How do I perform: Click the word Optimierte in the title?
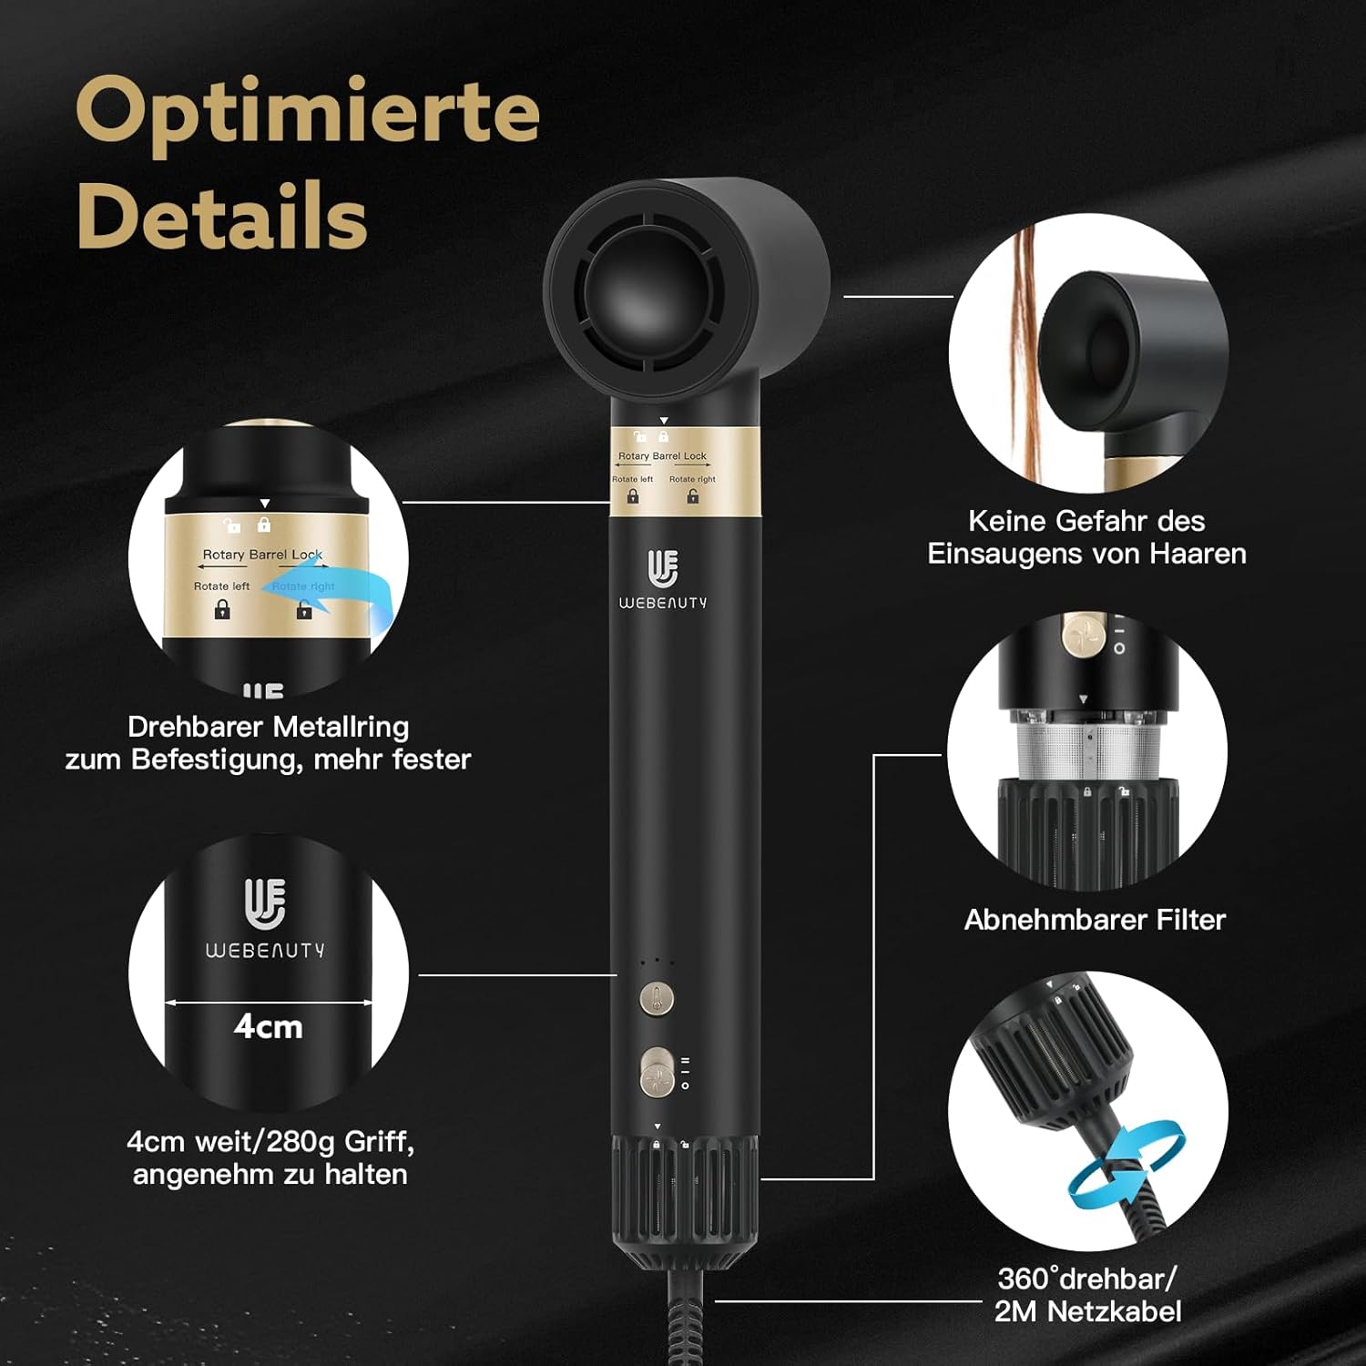[308, 112]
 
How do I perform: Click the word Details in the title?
[222, 216]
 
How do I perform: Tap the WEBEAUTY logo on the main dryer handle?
[663, 579]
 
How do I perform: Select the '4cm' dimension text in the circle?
[268, 1026]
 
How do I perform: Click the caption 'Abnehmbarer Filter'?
[1095, 920]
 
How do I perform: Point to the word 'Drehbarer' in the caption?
[196, 727]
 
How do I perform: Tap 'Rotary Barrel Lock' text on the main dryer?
[662, 456]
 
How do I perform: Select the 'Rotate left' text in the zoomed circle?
[221, 586]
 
